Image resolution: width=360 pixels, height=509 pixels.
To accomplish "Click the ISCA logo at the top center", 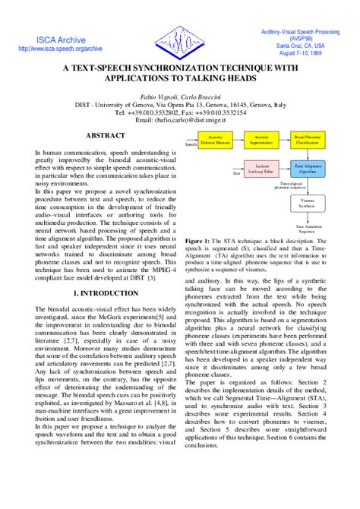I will point(179,39).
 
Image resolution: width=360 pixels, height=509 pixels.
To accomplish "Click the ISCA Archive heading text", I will point(59,39).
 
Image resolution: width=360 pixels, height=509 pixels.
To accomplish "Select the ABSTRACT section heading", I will point(106,134).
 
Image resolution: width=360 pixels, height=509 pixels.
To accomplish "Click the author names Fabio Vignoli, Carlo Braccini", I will point(180,97).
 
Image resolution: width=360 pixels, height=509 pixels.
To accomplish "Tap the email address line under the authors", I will point(180,120).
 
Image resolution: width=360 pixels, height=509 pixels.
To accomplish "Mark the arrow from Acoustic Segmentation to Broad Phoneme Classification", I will point(286,141).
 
